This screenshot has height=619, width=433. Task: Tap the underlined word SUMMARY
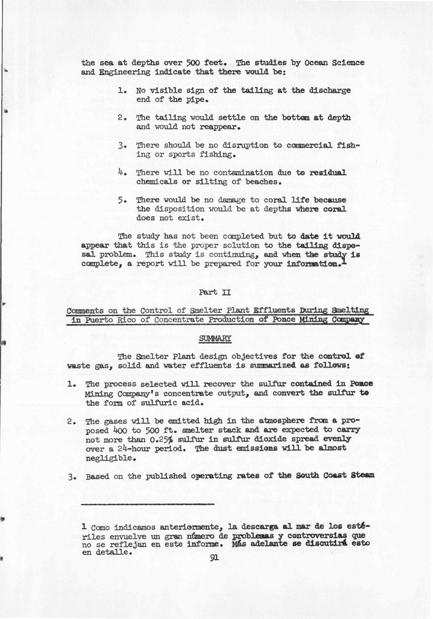[x=215, y=338]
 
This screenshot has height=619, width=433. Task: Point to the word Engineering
[x=125, y=72]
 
